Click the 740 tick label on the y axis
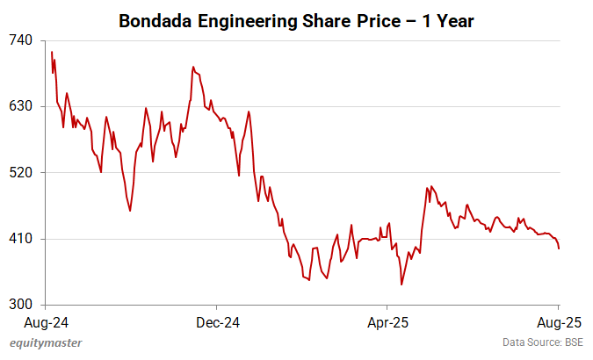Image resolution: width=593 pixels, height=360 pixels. click(x=21, y=40)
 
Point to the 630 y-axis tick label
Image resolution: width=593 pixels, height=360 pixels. click(x=21, y=106)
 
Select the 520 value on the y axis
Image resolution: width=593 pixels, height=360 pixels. click(x=21, y=173)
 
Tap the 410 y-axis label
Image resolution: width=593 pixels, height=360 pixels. click(x=21, y=239)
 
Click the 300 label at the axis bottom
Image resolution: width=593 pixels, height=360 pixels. click(x=21, y=305)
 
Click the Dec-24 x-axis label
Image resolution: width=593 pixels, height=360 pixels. click(x=217, y=321)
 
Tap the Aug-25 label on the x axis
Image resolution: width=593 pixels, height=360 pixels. click(x=559, y=321)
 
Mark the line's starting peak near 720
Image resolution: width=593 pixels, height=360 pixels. click(x=52, y=52)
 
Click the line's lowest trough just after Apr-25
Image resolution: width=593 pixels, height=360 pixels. click(x=401, y=284)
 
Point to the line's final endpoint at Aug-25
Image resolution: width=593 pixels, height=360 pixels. click(x=560, y=248)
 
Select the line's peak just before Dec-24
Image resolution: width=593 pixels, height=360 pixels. click(x=192, y=67)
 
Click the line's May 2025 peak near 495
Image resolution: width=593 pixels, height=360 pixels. click(x=427, y=187)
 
